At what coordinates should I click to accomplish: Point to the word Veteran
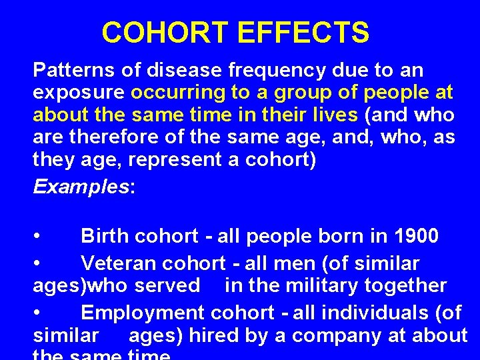[x=118, y=263]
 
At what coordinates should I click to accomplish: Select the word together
[x=406, y=286]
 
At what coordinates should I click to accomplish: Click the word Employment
[x=143, y=313]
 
